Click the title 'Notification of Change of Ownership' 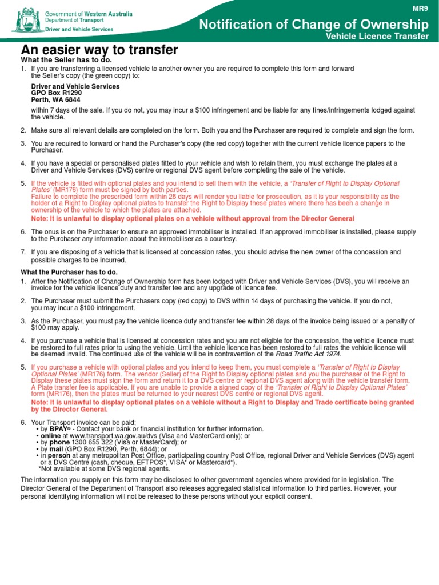click(313, 24)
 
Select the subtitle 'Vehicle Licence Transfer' click(377, 37)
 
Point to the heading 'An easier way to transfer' click(99, 49)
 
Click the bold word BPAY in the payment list click(58, 429)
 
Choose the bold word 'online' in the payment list click(51, 436)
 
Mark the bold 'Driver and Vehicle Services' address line click(75, 86)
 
